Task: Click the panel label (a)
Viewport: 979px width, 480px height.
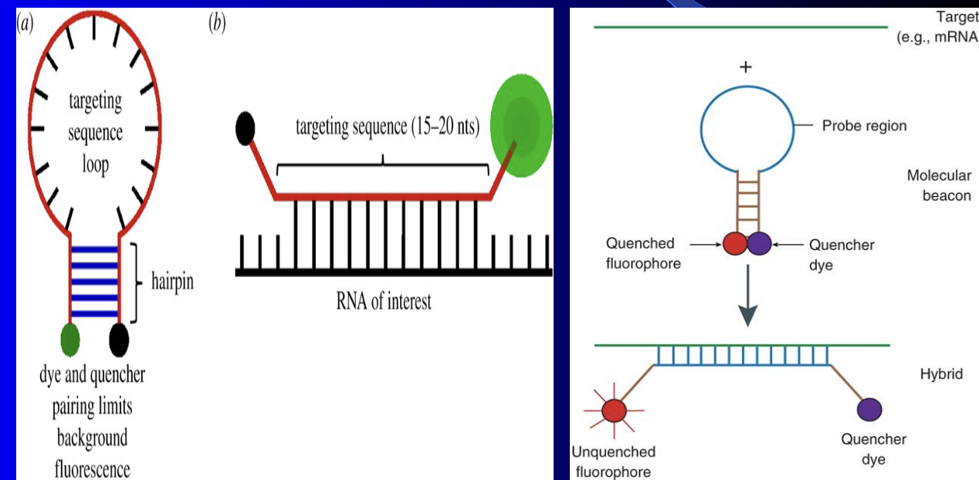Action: (x=25, y=23)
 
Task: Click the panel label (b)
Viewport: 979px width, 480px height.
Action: (x=217, y=23)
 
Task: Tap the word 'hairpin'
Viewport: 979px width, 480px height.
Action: (x=172, y=282)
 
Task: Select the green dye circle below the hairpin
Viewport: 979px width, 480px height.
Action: (x=70, y=340)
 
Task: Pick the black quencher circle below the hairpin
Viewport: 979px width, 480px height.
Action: (x=119, y=340)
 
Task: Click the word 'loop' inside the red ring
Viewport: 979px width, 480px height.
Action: (x=95, y=164)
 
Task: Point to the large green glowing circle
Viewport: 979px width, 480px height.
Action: (x=521, y=126)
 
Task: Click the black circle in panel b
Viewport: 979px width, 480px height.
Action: (x=246, y=128)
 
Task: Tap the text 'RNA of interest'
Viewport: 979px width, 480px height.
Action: (x=383, y=302)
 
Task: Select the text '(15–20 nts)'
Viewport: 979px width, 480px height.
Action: (x=445, y=127)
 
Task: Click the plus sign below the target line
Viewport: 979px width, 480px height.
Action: (x=746, y=67)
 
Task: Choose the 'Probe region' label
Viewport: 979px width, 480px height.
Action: (x=864, y=126)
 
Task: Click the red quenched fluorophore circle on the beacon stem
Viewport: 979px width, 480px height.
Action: (x=736, y=244)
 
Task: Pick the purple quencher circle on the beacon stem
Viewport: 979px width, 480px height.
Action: (x=759, y=244)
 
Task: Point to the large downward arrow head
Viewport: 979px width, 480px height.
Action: (x=748, y=316)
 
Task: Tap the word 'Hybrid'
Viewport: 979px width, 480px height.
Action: (x=941, y=374)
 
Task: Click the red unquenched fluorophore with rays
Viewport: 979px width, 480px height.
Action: (x=614, y=411)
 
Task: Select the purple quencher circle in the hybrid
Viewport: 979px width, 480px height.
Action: (x=869, y=410)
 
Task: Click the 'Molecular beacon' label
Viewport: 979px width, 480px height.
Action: (x=940, y=186)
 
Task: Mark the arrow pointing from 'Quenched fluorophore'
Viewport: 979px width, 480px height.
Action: (x=706, y=245)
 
